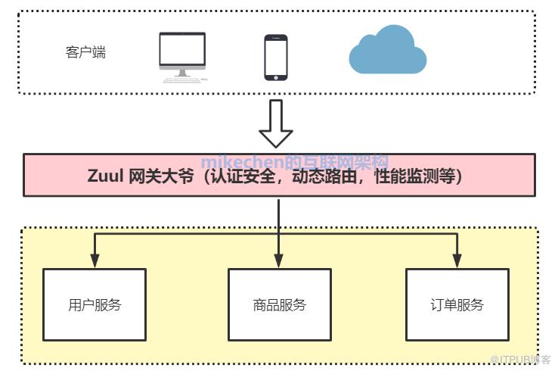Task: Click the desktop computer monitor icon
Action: click(x=182, y=51)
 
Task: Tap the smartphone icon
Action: click(x=275, y=57)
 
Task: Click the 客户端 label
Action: click(x=85, y=52)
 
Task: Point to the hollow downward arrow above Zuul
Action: click(x=275, y=124)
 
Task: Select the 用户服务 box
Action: click(x=95, y=304)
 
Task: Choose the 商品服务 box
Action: click(x=279, y=304)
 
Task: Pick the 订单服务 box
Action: click(x=457, y=304)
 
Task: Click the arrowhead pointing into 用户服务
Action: click(x=95, y=262)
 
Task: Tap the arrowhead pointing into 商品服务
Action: click(x=279, y=262)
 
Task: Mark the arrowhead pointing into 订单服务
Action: click(x=457, y=262)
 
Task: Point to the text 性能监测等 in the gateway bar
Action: click(x=412, y=176)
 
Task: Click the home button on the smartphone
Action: click(x=275, y=75)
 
